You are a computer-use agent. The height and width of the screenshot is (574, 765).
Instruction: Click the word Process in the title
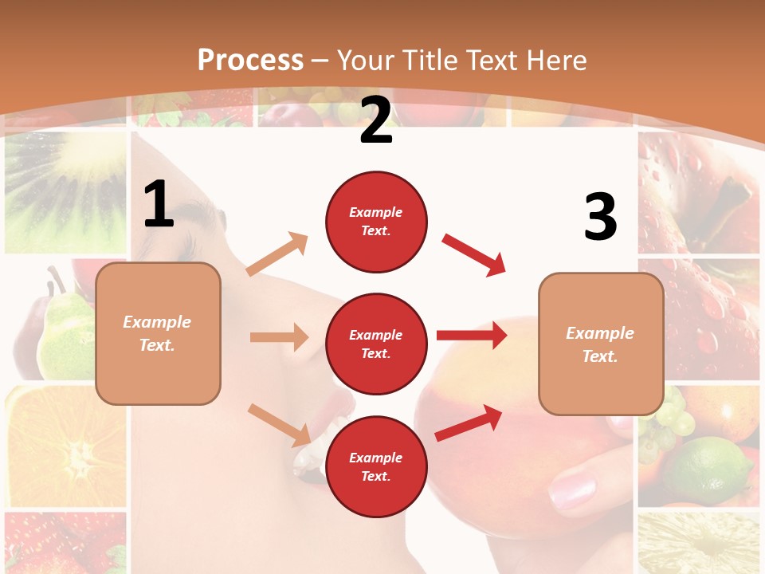[250, 60]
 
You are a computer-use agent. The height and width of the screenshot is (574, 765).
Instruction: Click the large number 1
[159, 205]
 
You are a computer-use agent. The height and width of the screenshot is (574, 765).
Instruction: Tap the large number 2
[376, 120]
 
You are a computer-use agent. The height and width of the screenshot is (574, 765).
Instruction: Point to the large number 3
[600, 217]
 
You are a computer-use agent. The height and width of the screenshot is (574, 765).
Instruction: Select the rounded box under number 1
[158, 333]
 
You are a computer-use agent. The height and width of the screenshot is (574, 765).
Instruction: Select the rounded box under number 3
[601, 344]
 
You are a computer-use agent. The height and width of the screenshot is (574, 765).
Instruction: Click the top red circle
[376, 222]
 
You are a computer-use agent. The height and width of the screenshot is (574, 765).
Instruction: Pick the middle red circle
[376, 344]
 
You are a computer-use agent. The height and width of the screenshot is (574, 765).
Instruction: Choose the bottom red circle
[376, 467]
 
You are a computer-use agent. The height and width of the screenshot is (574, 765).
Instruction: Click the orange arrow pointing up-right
[277, 254]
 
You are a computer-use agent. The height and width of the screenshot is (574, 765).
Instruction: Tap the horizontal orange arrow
[279, 337]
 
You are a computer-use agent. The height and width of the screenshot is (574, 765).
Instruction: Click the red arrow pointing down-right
[474, 254]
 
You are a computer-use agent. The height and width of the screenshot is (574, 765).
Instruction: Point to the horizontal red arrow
[472, 335]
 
